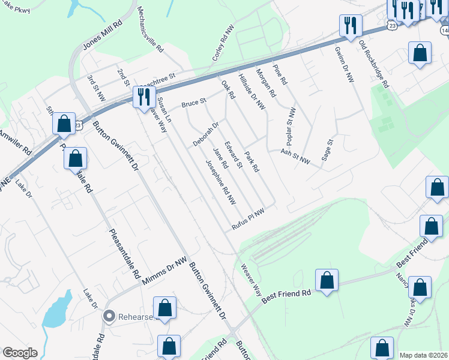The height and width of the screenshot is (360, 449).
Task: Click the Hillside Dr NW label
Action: [x=252, y=92]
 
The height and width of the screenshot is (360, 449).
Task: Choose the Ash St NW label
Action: [x=295, y=157]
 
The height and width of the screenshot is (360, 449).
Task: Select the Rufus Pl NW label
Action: [x=248, y=219]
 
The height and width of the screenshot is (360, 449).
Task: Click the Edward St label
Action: [x=233, y=155]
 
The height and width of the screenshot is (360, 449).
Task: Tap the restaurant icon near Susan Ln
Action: [x=144, y=96]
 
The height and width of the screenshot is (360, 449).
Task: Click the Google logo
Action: [x=20, y=353]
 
